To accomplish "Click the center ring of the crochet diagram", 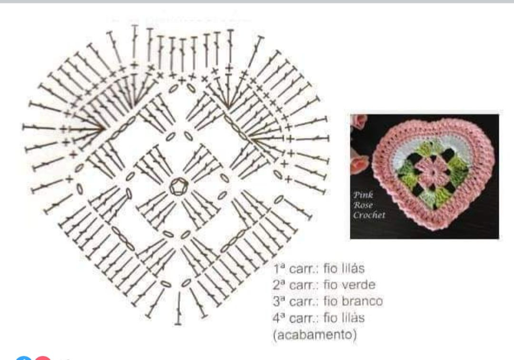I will pyautogui.click(x=178, y=186).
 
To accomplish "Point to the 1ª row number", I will pyautogui.click(x=279, y=269).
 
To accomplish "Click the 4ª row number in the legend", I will pyautogui.click(x=279, y=318).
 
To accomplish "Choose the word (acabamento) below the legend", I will pyautogui.click(x=315, y=334).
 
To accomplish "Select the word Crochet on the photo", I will pyautogui.click(x=369, y=215).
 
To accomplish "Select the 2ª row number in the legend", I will pyautogui.click(x=279, y=285).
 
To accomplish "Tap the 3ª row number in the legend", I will pyautogui.click(x=279, y=301).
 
